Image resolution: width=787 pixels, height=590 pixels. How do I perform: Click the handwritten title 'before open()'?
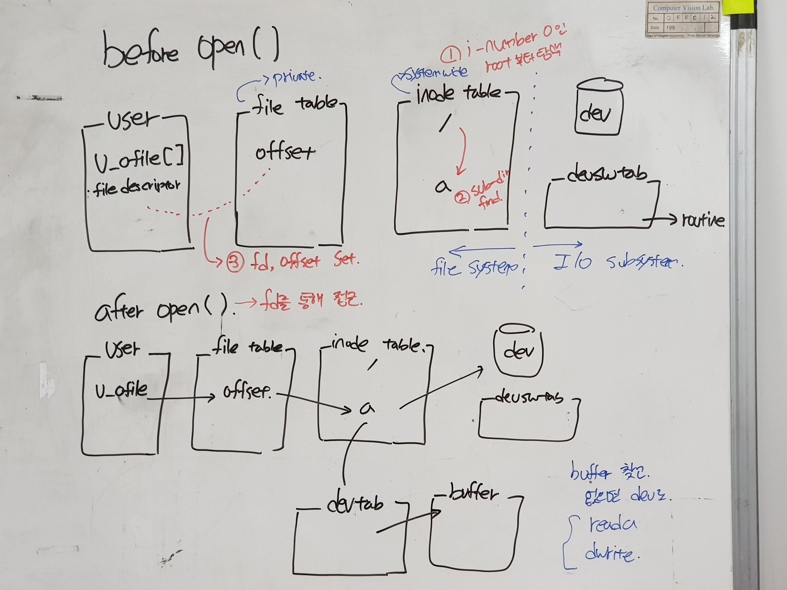[190, 50]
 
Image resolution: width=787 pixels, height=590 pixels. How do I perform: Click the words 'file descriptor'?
[137, 187]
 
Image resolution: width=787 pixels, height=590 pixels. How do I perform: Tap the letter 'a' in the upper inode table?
[442, 185]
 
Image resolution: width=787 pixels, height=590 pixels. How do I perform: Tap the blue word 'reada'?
[612, 525]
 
